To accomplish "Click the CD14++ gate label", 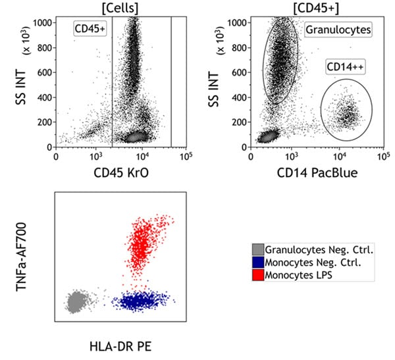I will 344,67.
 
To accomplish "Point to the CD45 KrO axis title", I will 120,174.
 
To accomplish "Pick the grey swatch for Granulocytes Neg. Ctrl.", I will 259,249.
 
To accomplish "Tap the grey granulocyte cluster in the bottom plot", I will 78,301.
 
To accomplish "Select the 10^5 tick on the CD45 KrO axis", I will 185,157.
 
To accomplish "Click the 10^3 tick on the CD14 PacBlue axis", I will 292,157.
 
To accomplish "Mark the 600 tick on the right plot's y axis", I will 240,72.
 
